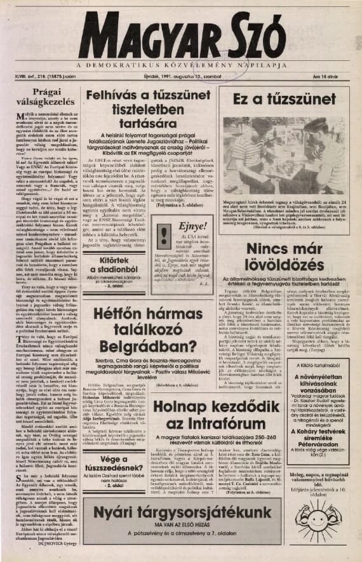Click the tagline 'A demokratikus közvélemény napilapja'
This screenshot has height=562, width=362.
click(180, 65)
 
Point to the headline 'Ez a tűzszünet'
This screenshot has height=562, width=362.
click(283, 99)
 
